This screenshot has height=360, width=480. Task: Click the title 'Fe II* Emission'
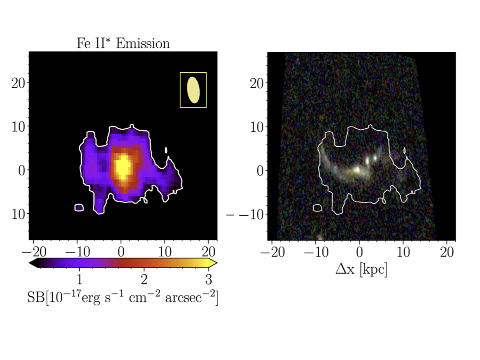[x=123, y=44]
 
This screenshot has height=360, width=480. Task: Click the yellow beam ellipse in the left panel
[x=193, y=90]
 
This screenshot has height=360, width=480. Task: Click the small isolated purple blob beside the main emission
[x=79, y=207]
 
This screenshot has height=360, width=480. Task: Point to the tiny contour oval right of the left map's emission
[x=166, y=150]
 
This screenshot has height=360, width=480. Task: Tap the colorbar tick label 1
[x=79, y=280]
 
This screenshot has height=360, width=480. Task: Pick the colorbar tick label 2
[x=144, y=280]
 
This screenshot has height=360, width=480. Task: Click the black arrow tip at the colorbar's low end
[x=31, y=263]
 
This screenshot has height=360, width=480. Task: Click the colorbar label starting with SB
[x=123, y=298]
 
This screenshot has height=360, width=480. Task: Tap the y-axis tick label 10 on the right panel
[x=255, y=127]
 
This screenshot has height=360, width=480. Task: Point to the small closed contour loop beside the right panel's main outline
[x=317, y=207]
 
